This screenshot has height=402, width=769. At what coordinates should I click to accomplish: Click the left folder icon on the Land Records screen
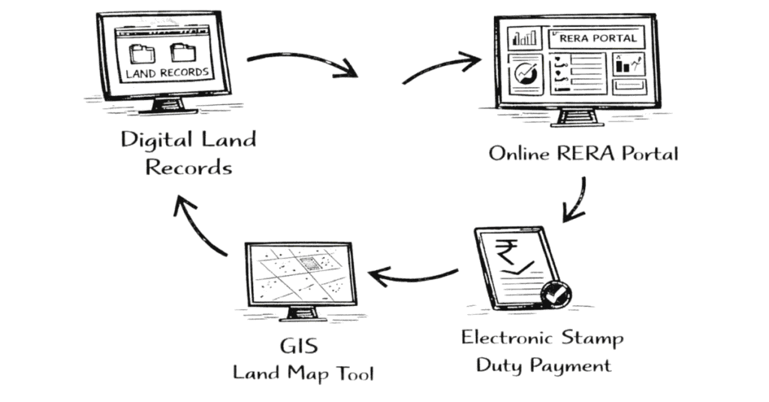pyautogui.click(x=140, y=54)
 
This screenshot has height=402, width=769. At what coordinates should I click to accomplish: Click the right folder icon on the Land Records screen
pyautogui.click(x=182, y=53)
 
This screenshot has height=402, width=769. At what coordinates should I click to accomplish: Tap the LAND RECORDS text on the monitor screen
pyautogui.click(x=166, y=73)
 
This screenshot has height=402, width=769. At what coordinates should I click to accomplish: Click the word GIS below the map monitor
pyautogui.click(x=297, y=348)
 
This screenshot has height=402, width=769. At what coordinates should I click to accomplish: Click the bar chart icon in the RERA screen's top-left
pyautogui.click(x=524, y=37)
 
